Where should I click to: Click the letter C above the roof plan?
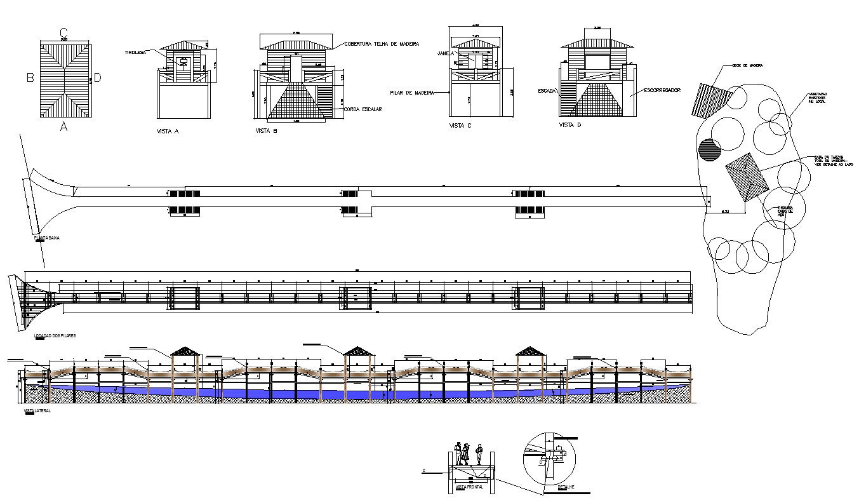pyautogui.click(x=63, y=32)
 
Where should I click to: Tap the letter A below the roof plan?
pyautogui.click(x=63, y=127)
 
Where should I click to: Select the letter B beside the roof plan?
pyautogui.click(x=29, y=78)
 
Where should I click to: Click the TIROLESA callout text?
pyautogui.click(x=135, y=53)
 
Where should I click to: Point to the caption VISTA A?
pyautogui.click(x=168, y=131)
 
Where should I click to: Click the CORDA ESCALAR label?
pyautogui.click(x=363, y=109)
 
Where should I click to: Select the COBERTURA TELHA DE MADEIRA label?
pyautogui.click(x=382, y=44)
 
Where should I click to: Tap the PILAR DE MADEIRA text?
pyautogui.click(x=411, y=93)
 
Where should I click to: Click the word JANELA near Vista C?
pyautogui.click(x=443, y=54)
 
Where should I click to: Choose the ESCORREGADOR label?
pyautogui.click(x=662, y=90)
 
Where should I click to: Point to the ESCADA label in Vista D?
pyautogui.click(x=547, y=91)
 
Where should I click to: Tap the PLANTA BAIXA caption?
pyautogui.click(x=47, y=238)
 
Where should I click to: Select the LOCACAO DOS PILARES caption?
pyautogui.click(x=55, y=335)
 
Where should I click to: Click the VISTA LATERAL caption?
pyautogui.click(x=37, y=411)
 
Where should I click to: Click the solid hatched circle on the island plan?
pyautogui.click(x=709, y=150)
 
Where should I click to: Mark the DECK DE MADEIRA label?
pyautogui.click(x=747, y=65)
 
